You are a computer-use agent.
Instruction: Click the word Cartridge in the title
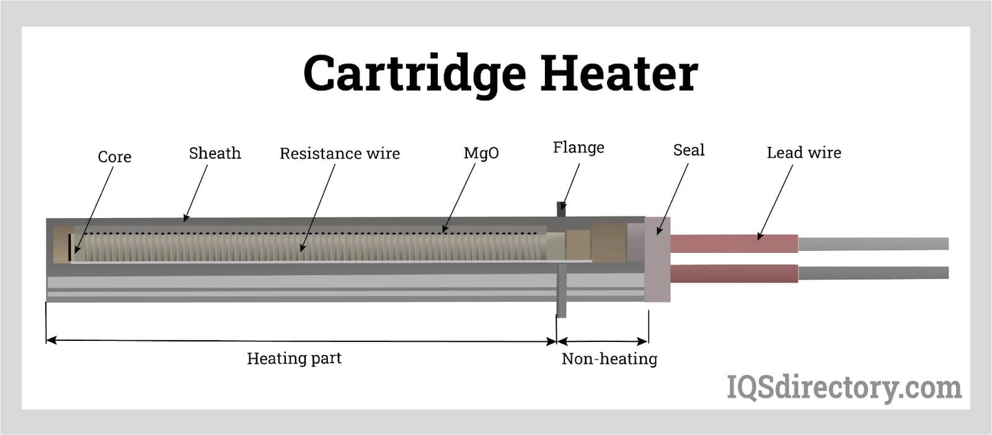coord(414,74)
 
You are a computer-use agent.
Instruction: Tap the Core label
coord(115,157)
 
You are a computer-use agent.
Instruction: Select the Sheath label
coord(215,153)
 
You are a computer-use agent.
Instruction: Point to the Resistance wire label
coord(340,154)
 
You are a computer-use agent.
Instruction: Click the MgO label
coord(481,153)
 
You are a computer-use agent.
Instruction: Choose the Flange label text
coord(578,147)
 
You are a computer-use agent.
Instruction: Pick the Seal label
coord(689,150)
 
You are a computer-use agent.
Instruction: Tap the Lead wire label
coord(804,152)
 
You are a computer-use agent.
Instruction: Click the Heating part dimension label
coord(294,358)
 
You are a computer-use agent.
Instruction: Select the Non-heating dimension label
coord(609,359)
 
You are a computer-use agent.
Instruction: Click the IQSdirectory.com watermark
coord(844,388)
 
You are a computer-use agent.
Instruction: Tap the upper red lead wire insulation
coord(734,244)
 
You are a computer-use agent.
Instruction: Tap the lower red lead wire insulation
coord(734,273)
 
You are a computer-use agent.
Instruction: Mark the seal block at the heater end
coord(657,259)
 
